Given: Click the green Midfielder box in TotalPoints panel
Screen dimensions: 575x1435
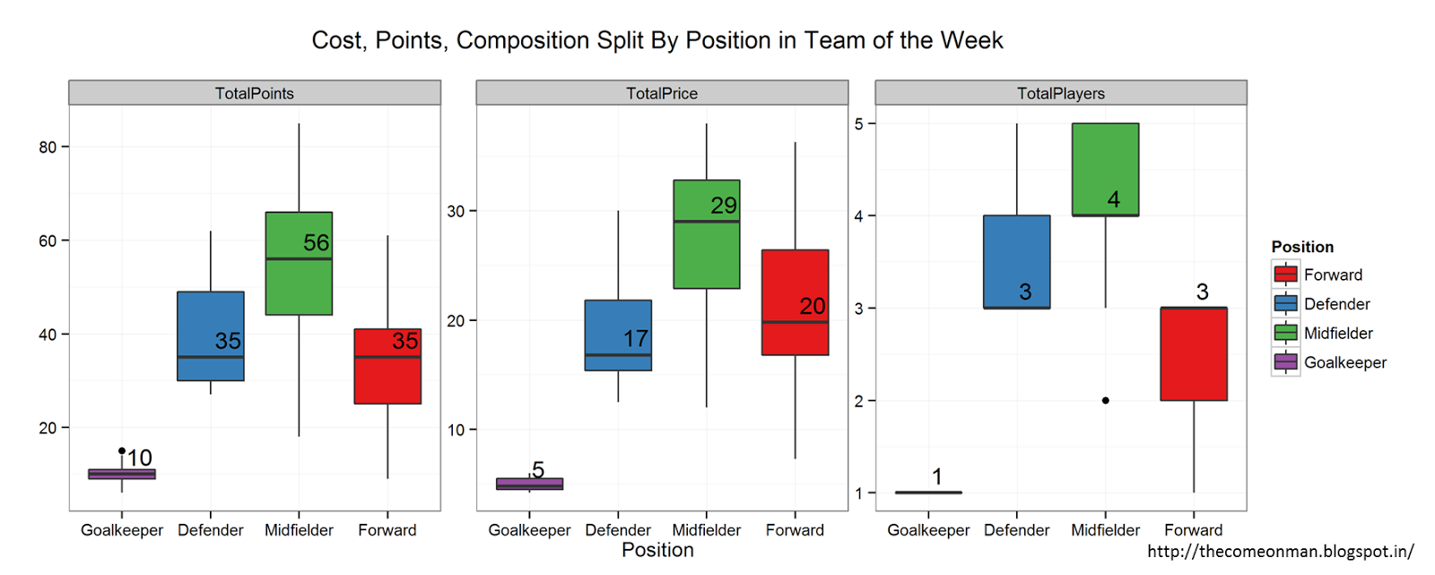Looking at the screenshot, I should pyautogui.click(x=299, y=287).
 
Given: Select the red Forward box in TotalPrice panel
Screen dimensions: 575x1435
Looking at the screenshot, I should pyautogui.click(x=795, y=287).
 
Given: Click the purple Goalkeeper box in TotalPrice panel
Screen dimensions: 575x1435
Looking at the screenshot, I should pyautogui.click(x=529, y=484).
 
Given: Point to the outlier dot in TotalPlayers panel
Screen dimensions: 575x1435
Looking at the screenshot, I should pyautogui.click(x=1105, y=400).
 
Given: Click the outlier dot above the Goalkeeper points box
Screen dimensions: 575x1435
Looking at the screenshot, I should pyautogui.click(x=122, y=450).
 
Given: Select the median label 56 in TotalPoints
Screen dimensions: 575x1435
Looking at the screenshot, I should pyautogui.click(x=316, y=243).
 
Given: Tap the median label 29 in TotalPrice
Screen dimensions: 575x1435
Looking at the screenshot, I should pyautogui.click(x=723, y=205).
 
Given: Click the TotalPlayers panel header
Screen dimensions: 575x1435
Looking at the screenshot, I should pyautogui.click(x=1060, y=93).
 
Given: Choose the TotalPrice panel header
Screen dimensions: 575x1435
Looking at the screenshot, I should pyautogui.click(x=661, y=93).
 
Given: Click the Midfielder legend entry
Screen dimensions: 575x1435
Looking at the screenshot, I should pyautogui.click(x=1338, y=333).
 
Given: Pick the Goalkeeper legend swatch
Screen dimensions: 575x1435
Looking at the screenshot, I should pyautogui.click(x=1285, y=362).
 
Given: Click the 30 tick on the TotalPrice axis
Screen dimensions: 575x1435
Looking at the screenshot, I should pyautogui.click(x=456, y=212).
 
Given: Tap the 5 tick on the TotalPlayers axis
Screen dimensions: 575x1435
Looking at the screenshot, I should pyautogui.click(x=859, y=124).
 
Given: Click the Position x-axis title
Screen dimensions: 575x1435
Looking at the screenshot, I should pyautogui.click(x=657, y=550).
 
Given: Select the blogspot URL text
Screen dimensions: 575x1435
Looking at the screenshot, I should pyautogui.click(x=1280, y=552).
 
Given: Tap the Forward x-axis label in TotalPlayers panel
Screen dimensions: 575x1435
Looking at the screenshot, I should pyautogui.click(x=1193, y=530).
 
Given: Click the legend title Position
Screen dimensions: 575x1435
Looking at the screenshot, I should pyautogui.click(x=1301, y=247).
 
